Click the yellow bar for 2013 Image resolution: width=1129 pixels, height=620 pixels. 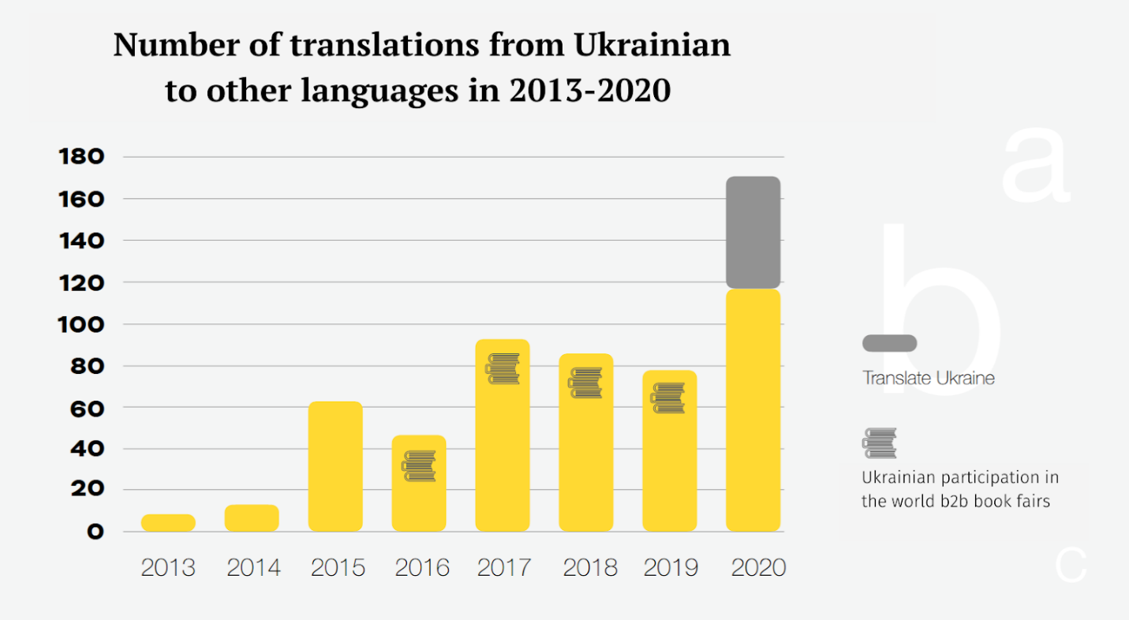pos(168,522)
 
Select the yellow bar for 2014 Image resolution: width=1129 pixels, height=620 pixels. pos(252,517)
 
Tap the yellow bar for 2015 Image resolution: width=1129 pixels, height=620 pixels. pos(335,466)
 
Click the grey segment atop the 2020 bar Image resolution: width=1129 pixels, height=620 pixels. pos(753,232)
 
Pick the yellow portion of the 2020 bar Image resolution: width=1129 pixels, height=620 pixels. pos(753,410)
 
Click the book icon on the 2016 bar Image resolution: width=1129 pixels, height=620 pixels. pos(419,466)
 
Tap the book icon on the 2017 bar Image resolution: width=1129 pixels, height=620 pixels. pos(503,369)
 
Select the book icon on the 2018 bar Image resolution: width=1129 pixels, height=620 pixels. pos(585,383)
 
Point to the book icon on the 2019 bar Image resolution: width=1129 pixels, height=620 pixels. pos(669,398)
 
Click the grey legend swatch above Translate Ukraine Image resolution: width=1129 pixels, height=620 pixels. pos(889,343)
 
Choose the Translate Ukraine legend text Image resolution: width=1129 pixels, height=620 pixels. pos(929,378)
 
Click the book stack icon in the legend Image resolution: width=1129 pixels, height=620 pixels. pos(880,443)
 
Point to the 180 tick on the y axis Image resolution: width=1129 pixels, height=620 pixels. pos(81,157)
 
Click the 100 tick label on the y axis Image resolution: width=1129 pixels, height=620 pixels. pos(81,324)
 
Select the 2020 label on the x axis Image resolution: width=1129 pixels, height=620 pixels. pos(758,568)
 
